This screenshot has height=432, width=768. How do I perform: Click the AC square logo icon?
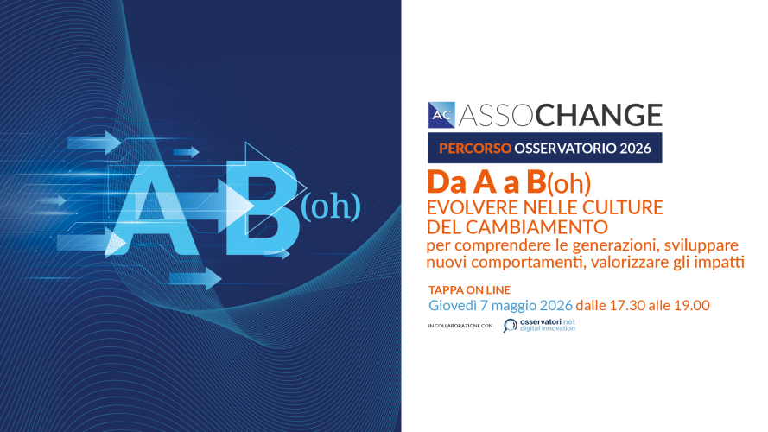pos(441,115)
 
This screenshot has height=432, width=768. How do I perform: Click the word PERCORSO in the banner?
pos(475,149)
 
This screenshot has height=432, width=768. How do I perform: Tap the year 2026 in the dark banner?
pos(635,149)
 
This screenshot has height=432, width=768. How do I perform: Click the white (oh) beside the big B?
pos(331,206)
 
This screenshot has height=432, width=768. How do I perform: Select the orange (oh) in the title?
pos(568,184)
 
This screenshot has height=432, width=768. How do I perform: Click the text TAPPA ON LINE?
pos(469,290)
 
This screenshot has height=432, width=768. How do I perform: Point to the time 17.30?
pos(627,305)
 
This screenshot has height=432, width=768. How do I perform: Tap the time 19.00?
pos(692,305)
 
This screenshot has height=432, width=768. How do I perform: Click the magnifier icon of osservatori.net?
pos(510,325)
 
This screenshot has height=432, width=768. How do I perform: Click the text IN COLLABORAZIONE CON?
pos(460,326)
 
